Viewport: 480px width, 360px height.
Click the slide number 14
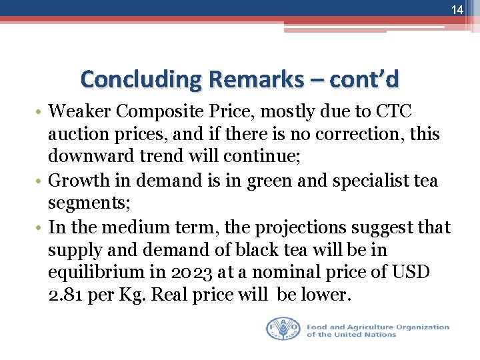[x=457, y=10]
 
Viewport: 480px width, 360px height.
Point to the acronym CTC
[x=397, y=111]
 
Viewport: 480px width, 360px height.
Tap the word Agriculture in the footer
[x=367, y=327]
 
